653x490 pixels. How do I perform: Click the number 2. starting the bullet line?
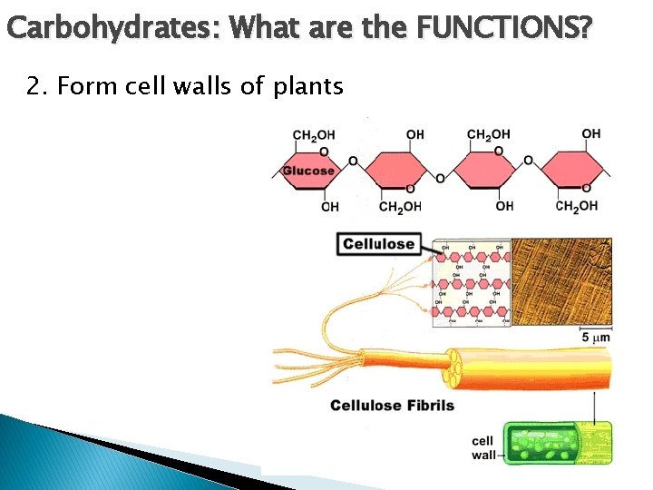coord(37,86)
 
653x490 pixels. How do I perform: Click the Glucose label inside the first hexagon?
coord(308,170)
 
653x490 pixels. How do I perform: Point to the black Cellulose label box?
coord(379,243)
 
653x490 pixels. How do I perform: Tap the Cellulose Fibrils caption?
coord(392,405)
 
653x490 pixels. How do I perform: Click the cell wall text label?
coord(484,447)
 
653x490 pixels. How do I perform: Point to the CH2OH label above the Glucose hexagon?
coord(312,135)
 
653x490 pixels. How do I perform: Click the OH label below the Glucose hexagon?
coord(330,207)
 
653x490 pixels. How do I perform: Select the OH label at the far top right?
coord(591,134)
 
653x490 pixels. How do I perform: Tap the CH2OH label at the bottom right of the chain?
coord(577,206)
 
